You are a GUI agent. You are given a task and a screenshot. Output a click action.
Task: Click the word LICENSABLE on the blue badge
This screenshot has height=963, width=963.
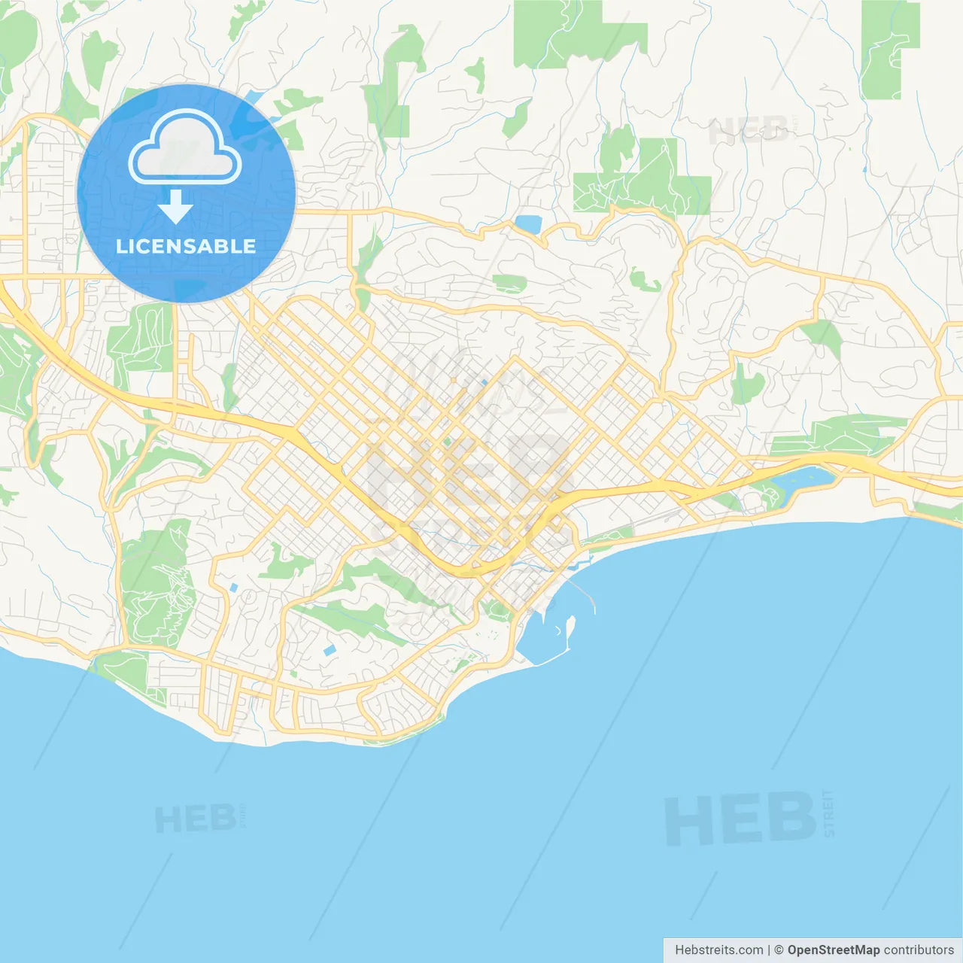pyautogui.click(x=186, y=246)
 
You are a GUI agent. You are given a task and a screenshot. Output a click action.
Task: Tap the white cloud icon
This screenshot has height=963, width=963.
pyautogui.click(x=185, y=148)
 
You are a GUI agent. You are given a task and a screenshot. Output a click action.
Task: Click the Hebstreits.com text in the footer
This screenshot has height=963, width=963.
pyautogui.click(x=718, y=950)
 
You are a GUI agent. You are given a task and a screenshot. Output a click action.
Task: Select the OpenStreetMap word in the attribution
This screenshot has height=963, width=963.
pyautogui.click(x=833, y=950)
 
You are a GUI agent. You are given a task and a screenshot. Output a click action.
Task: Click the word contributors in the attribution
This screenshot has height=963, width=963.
pyautogui.click(x=919, y=950)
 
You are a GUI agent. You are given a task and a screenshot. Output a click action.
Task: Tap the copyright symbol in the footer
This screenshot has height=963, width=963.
pyautogui.click(x=779, y=950)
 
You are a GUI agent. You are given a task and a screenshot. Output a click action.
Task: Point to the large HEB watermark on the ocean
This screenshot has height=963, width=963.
pyautogui.click(x=740, y=819)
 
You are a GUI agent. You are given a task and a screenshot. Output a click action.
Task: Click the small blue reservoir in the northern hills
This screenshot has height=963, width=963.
pyautogui.click(x=528, y=223)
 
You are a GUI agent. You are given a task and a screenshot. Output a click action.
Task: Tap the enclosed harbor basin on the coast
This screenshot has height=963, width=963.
pyautogui.click(x=542, y=639)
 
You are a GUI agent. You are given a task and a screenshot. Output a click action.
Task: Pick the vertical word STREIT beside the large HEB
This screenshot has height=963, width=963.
pyautogui.click(x=828, y=814)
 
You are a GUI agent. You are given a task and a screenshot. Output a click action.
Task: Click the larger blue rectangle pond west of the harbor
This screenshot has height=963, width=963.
pyautogui.click(x=329, y=650)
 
